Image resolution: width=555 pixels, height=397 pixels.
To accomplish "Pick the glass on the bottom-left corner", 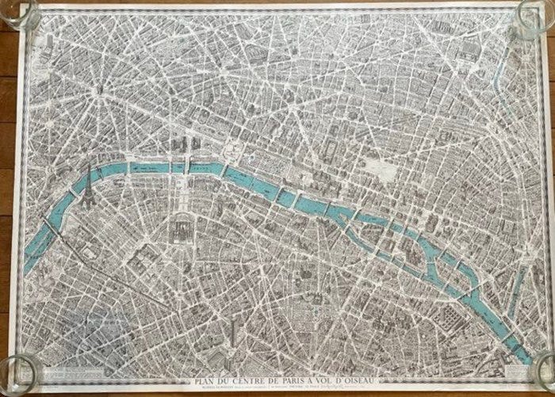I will [x=17, y=369].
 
